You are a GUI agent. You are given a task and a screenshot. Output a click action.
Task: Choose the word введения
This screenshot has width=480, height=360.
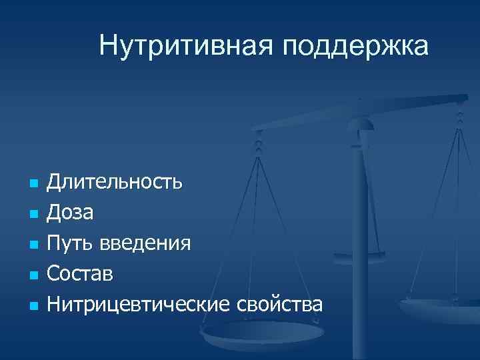point(146,244)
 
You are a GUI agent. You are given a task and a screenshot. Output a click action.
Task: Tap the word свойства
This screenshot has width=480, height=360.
point(279,304)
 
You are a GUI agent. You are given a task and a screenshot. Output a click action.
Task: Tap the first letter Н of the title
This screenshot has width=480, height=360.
point(107,46)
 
